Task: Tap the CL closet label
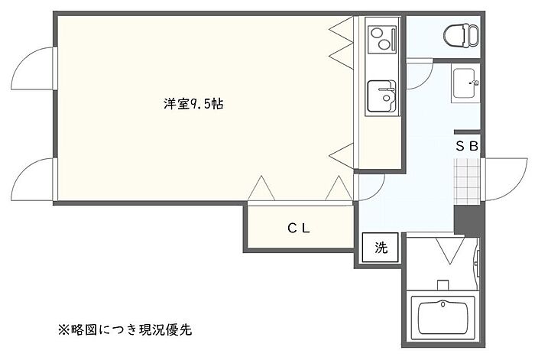298,227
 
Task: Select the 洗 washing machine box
381,248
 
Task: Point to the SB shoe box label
467,146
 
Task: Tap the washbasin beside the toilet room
465,84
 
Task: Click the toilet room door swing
419,75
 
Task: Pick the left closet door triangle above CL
261,189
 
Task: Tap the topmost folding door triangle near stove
340,29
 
